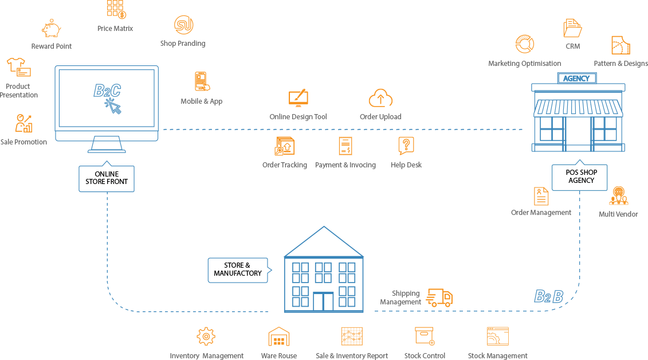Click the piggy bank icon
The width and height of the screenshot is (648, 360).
pyautogui.click(x=52, y=29)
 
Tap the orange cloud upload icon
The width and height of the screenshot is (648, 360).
pyautogui.click(x=380, y=99)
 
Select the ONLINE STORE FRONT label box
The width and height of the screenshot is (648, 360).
pyautogui.click(x=107, y=178)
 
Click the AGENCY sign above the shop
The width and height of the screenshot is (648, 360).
pyautogui.click(x=577, y=79)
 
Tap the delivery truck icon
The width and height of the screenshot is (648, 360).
pyautogui.click(x=439, y=297)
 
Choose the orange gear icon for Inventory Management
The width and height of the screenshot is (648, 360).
pyautogui.click(x=206, y=336)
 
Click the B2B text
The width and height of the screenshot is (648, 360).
pyautogui.click(x=548, y=296)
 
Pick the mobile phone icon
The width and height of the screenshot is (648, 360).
pyautogui.click(x=201, y=81)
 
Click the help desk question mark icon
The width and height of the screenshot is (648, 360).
pyautogui.click(x=406, y=146)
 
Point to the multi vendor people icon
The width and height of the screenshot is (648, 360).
pyautogui.click(x=619, y=196)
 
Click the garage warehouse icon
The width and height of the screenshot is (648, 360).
pyautogui.click(x=279, y=336)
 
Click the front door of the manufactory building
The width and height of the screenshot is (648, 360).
pyautogui.click(x=323, y=302)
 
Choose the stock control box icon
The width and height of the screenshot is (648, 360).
pyautogui.click(x=425, y=336)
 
